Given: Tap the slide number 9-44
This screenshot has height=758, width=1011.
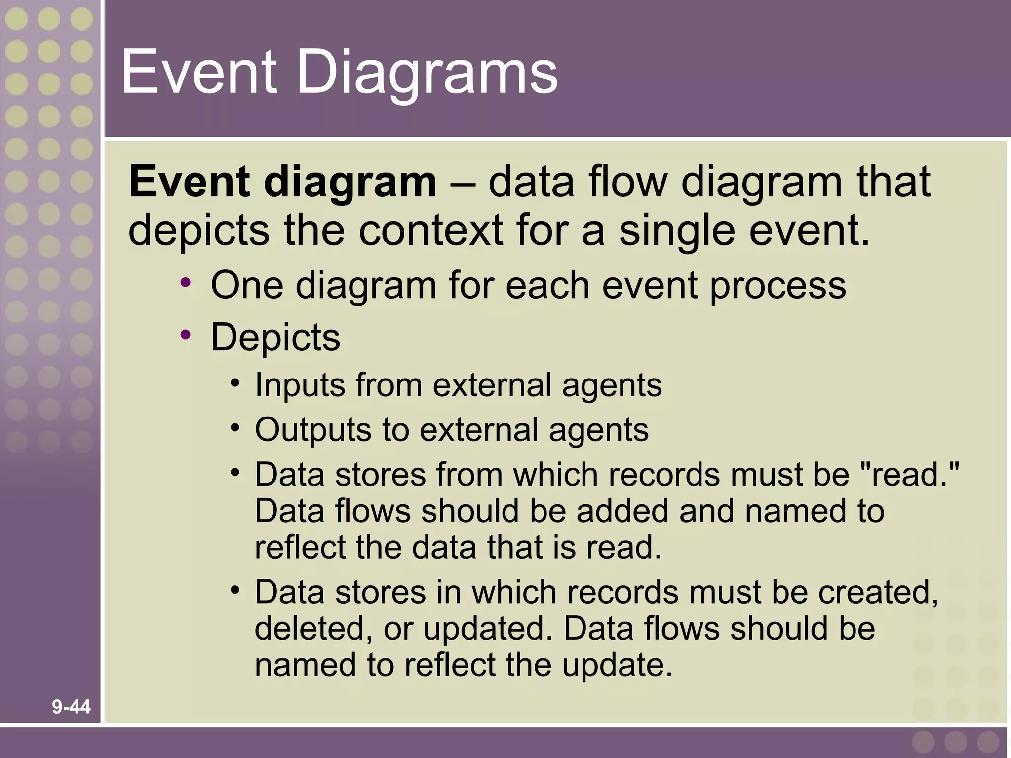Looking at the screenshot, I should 71,707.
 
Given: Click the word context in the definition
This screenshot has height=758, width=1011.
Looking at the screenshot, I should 430,231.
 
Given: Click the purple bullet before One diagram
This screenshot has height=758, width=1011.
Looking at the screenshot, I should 186,283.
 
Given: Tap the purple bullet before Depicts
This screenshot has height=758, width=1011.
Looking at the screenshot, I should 186,335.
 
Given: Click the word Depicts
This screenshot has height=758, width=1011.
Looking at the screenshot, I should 275,338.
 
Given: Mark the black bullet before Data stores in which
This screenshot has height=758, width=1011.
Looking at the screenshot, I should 235,590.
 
